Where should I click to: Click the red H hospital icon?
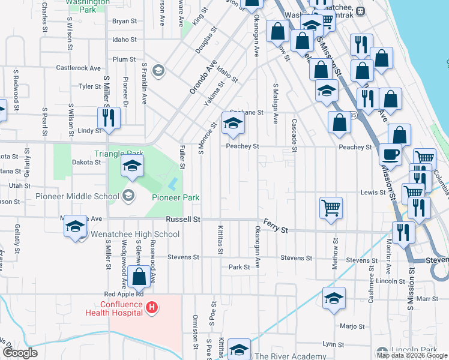(152, 308)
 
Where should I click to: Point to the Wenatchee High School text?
(134, 234)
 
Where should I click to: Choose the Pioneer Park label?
(175, 197)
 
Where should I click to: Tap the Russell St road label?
(183, 220)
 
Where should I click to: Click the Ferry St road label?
(277, 230)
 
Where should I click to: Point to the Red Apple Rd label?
(124, 294)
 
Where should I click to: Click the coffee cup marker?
(390, 154)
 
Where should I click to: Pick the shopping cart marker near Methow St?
(331, 208)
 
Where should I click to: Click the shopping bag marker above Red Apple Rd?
(139, 277)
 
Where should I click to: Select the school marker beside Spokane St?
(233, 123)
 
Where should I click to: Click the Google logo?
(20, 352)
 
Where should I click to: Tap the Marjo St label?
(352, 327)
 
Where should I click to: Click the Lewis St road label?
(373, 193)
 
